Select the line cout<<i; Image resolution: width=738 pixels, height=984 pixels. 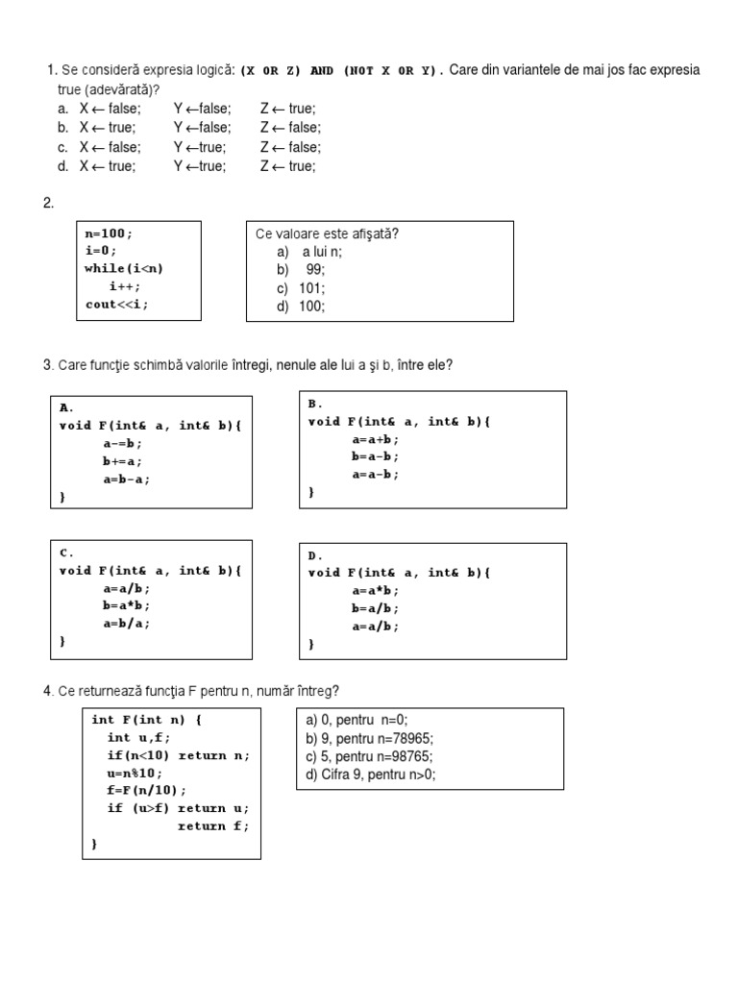coord(116,305)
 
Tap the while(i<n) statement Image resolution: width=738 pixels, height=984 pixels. coord(124,268)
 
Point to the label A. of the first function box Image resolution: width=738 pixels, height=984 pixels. coord(67,406)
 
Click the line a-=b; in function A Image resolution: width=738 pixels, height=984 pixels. coord(123,443)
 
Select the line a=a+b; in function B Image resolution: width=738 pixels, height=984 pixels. coord(375,438)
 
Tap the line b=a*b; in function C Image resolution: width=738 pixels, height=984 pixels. coord(127,605)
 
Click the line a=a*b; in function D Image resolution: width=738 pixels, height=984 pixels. coord(375,590)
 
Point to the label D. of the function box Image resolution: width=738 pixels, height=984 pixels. coord(315,555)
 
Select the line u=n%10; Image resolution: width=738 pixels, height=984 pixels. coord(135,773)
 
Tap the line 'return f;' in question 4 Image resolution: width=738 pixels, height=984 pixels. coord(212,825)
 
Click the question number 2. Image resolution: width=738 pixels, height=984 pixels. coord(48,203)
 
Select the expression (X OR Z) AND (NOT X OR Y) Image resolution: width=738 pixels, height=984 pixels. coord(342,70)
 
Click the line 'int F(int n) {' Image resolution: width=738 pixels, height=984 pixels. coord(147,720)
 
